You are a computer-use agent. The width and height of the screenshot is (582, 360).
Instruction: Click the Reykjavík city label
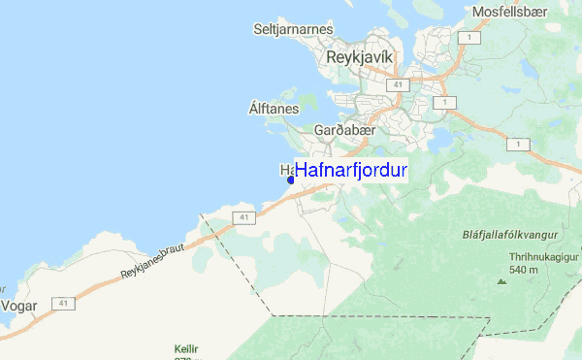pyautogui.click(x=360, y=57)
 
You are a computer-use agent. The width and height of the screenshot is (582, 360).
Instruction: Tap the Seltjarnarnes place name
pyautogui.click(x=291, y=29)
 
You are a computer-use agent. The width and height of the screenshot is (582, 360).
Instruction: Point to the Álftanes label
pyautogui.click(x=274, y=109)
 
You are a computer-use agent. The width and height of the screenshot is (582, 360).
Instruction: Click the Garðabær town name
pyautogui.click(x=338, y=129)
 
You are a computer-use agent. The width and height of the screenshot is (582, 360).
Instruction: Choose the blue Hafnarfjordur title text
pyautogui.click(x=351, y=169)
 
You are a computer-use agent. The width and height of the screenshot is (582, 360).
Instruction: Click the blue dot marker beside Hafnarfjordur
pyautogui.click(x=290, y=180)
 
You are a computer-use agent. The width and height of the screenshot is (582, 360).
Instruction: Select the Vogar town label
pyautogui.click(x=18, y=304)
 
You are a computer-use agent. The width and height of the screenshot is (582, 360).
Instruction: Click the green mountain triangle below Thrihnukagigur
pyautogui.click(x=501, y=281)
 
